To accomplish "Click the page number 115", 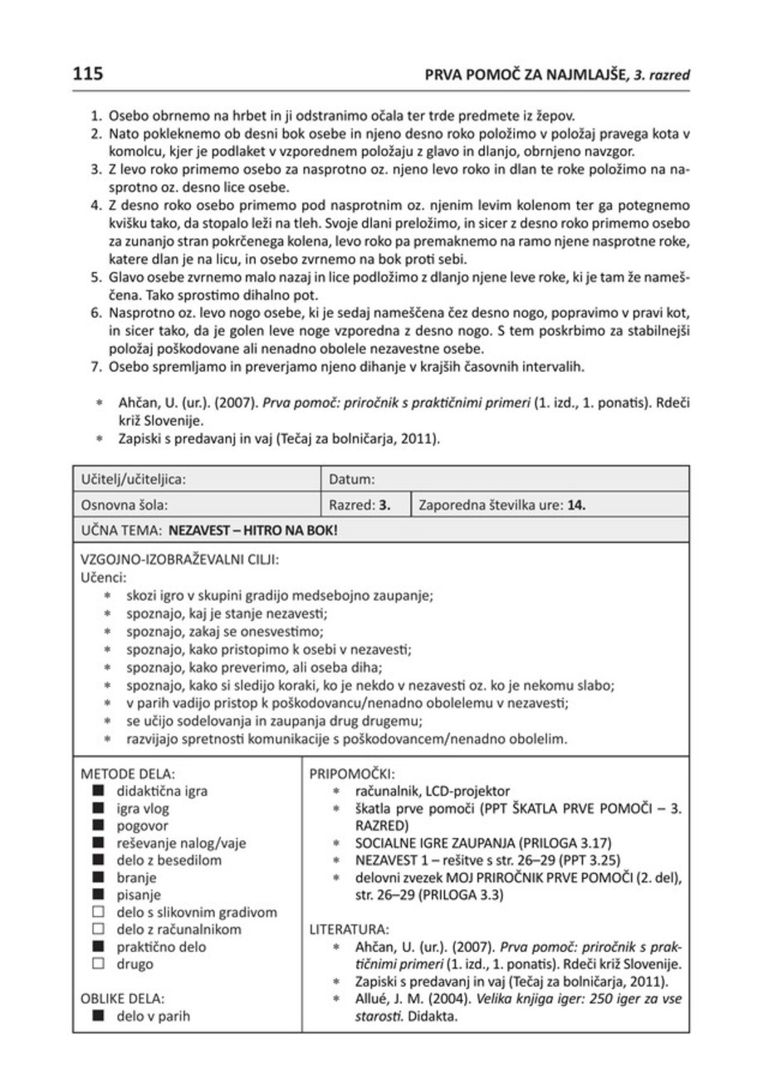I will [86, 74].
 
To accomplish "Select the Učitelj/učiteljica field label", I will [132, 479].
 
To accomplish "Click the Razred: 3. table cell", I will [360, 504].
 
